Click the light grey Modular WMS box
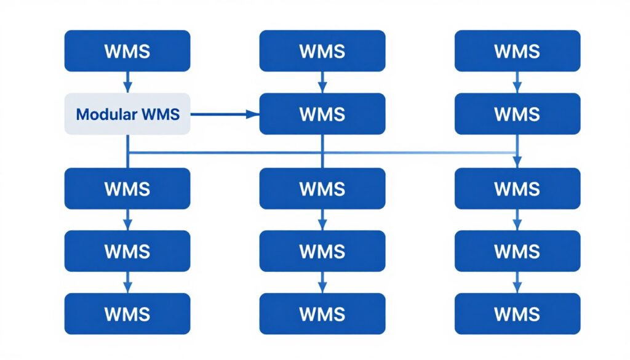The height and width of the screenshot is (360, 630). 127,114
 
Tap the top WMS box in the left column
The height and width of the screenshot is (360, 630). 127,51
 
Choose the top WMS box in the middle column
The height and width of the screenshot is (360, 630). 322,51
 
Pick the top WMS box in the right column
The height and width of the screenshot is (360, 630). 517,51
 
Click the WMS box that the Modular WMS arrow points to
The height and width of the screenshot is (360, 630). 322,114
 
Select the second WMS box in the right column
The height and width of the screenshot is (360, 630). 517,114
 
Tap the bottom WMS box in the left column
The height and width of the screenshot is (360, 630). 127,314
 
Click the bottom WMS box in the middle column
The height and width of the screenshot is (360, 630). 322,314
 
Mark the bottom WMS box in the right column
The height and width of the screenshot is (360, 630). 517,314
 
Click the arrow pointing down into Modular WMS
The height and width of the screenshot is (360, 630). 127,82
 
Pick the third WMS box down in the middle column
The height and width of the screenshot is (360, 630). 322,188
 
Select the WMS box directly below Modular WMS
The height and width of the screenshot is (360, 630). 127,188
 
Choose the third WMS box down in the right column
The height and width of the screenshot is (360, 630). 517,188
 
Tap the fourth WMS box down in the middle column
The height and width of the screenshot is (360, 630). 322,251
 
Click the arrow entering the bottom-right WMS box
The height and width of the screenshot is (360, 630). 517,282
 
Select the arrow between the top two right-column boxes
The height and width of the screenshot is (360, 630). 517,82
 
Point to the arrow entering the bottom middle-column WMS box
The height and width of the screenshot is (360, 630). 322,282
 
